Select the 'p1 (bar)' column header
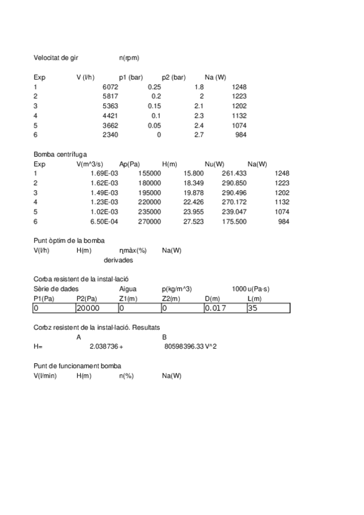(131, 77)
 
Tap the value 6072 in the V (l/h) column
(109, 87)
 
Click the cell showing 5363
(109, 106)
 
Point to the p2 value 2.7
(198, 134)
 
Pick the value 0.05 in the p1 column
(154, 124)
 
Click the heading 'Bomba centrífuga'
(60, 154)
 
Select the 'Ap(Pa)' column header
(130, 164)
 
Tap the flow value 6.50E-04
(103, 222)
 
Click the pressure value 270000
(149, 222)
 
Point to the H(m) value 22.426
(193, 202)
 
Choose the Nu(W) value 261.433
(234, 174)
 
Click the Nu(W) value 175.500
(234, 222)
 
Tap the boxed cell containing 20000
(97, 309)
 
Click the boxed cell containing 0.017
(225, 309)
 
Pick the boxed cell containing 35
(268, 309)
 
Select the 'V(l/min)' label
(46, 376)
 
